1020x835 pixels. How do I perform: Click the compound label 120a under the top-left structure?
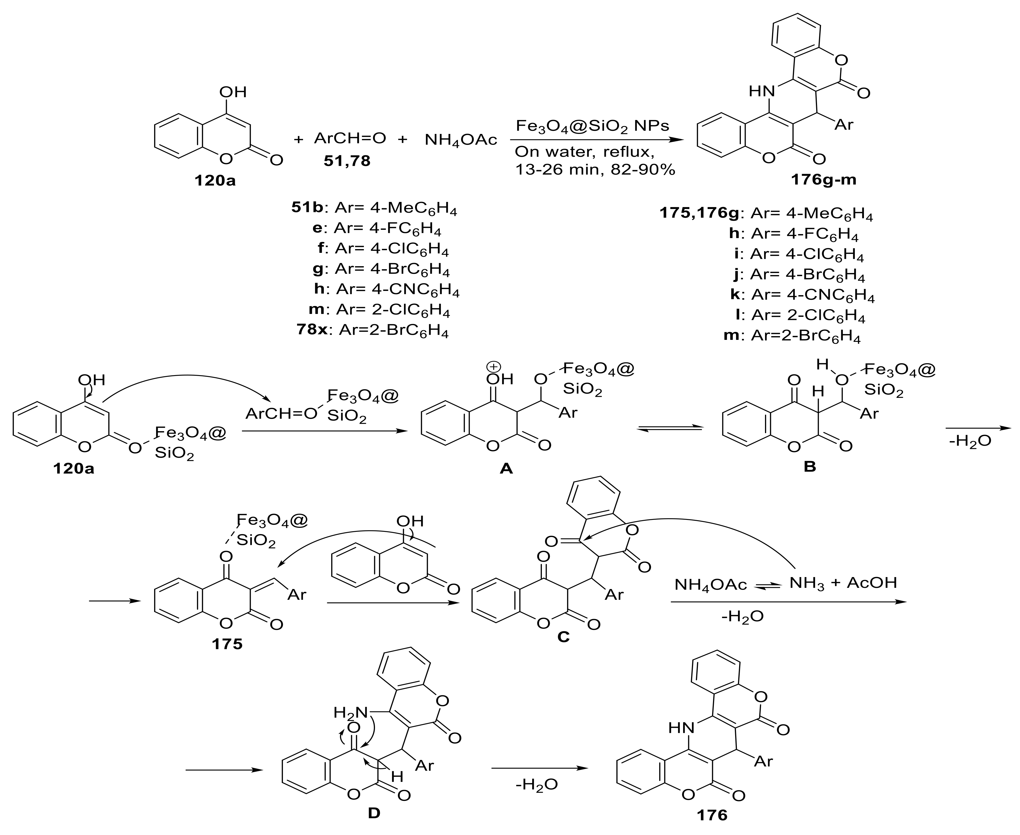pos(215,181)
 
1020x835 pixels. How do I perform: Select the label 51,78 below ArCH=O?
pos(347,161)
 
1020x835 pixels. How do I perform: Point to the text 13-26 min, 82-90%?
pos(595,169)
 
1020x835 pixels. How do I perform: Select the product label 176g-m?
pos(824,180)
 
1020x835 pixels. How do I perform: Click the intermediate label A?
pos(506,468)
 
